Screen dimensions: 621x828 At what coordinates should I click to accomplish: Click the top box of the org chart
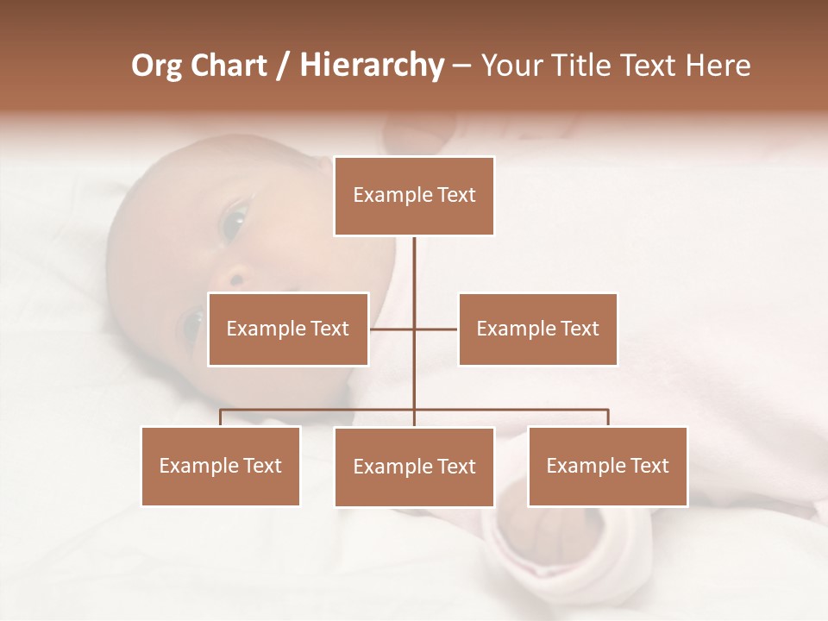(414, 196)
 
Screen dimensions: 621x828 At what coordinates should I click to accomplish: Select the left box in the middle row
(288, 329)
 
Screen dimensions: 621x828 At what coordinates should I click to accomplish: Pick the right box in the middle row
(537, 329)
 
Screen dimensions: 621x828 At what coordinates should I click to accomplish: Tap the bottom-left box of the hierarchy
(221, 466)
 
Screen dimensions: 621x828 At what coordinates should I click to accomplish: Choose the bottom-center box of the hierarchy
(414, 467)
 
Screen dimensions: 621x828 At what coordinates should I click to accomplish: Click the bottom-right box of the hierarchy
(607, 466)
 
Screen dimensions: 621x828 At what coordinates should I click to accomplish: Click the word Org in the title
(157, 66)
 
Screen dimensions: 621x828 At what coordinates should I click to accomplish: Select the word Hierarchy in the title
(371, 66)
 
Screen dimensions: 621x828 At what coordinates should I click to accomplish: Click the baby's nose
(235, 278)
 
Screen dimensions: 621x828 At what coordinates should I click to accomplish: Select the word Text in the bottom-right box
(649, 466)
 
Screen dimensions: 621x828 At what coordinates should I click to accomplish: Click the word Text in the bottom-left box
(262, 466)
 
